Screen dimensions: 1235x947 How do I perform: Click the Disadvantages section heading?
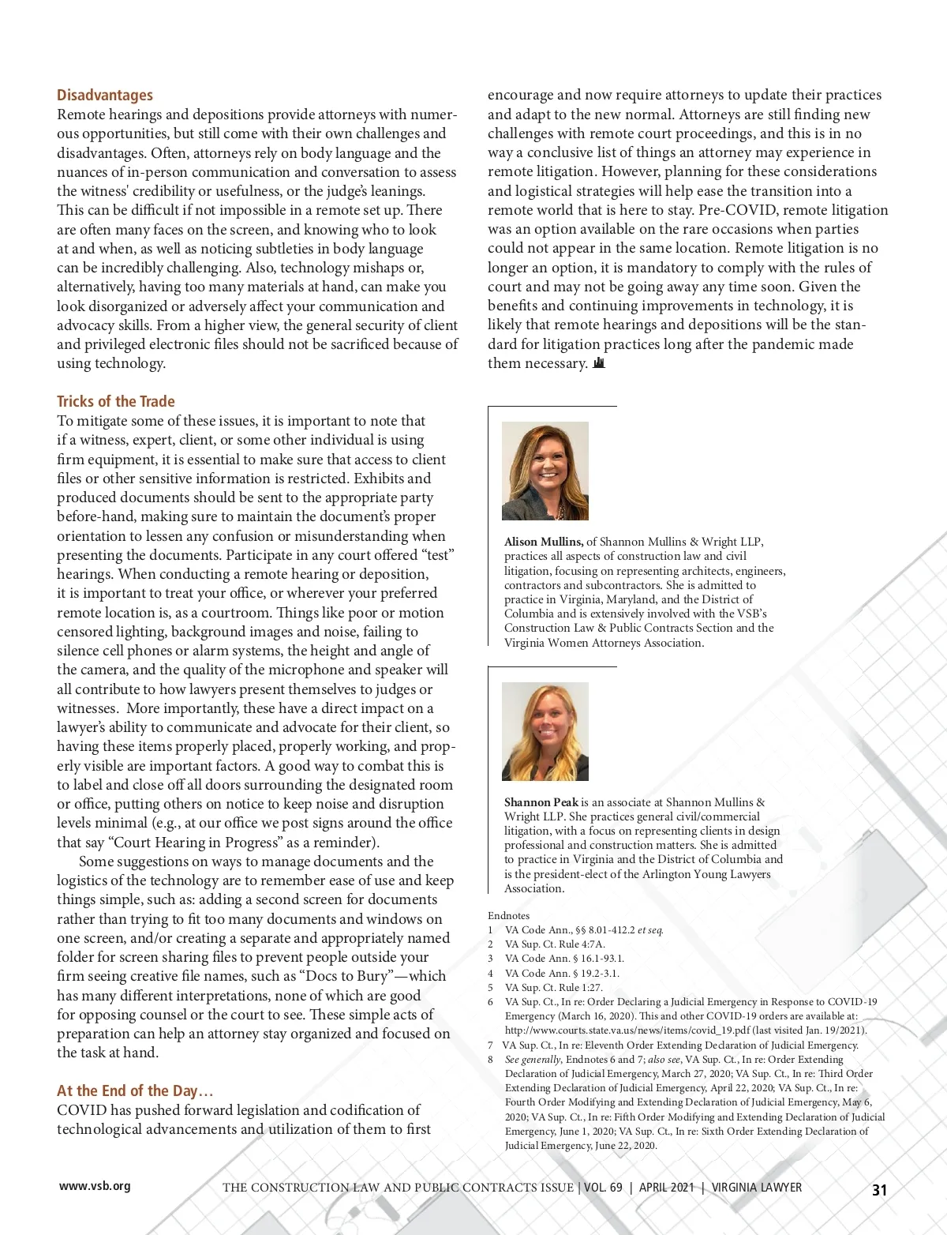(x=105, y=95)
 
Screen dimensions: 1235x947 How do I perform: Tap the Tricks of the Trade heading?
(x=116, y=401)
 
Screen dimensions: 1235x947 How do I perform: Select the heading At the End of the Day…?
(x=135, y=1090)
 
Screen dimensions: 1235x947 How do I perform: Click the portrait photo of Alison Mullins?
(x=545, y=471)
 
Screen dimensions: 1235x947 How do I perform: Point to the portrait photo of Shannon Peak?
(x=545, y=731)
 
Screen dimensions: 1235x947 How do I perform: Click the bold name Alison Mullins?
(x=544, y=542)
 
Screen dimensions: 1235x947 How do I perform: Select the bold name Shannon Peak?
(x=541, y=802)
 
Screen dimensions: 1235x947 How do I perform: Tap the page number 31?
(x=879, y=1190)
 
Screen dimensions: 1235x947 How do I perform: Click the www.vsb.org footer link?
(x=95, y=1186)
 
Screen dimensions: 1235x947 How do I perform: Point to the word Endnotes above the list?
(x=509, y=916)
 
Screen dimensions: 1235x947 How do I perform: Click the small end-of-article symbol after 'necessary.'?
(x=599, y=363)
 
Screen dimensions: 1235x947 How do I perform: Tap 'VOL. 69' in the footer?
(x=604, y=1188)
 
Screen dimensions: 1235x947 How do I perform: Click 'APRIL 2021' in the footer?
(x=667, y=1188)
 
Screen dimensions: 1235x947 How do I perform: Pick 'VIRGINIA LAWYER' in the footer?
(x=757, y=1188)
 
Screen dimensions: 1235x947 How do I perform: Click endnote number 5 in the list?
(x=490, y=988)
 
